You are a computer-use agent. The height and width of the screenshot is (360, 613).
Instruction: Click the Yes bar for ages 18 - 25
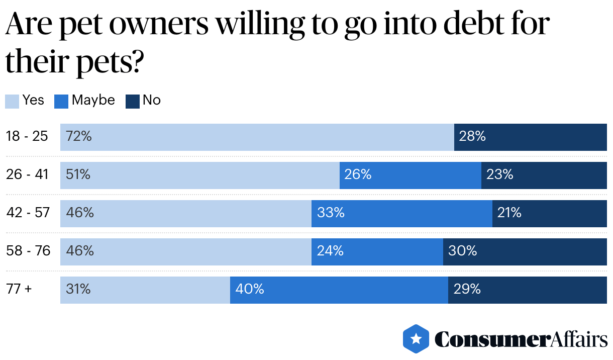[257, 137]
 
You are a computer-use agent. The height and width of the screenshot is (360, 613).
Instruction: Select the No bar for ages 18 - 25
[530, 137]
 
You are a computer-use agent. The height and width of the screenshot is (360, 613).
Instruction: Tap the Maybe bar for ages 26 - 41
[410, 175]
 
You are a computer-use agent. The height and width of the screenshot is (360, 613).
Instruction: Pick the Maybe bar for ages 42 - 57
[401, 213]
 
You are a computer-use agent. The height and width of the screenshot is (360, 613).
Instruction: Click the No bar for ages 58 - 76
[525, 251]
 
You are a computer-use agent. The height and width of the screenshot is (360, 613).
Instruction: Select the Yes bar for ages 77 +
[145, 290]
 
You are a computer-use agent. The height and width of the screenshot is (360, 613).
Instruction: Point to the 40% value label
[250, 289]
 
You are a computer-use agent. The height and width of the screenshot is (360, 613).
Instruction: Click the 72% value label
[78, 136]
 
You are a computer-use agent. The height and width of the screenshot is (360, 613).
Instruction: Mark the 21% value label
[509, 213]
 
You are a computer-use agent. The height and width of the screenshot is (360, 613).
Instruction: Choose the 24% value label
[330, 251]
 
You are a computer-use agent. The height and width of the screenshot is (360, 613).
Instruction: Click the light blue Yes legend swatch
[12, 101]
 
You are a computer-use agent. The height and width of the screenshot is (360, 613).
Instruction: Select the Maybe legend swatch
[61, 101]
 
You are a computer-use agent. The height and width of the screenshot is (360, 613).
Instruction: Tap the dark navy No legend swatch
[132, 101]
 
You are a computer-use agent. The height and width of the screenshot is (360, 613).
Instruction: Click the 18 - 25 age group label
[27, 136]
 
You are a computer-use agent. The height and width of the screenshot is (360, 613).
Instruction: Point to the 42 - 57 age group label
[28, 213]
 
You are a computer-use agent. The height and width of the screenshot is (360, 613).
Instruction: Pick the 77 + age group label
[19, 289]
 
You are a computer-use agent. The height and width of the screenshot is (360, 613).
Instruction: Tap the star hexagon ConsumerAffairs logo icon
[416, 339]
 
